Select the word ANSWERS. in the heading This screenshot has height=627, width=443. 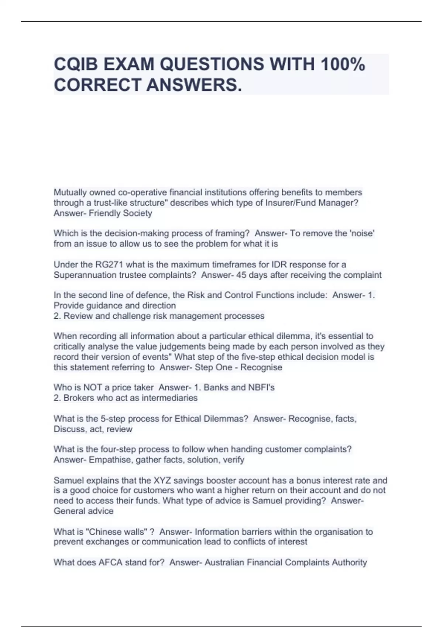coord(195,85)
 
